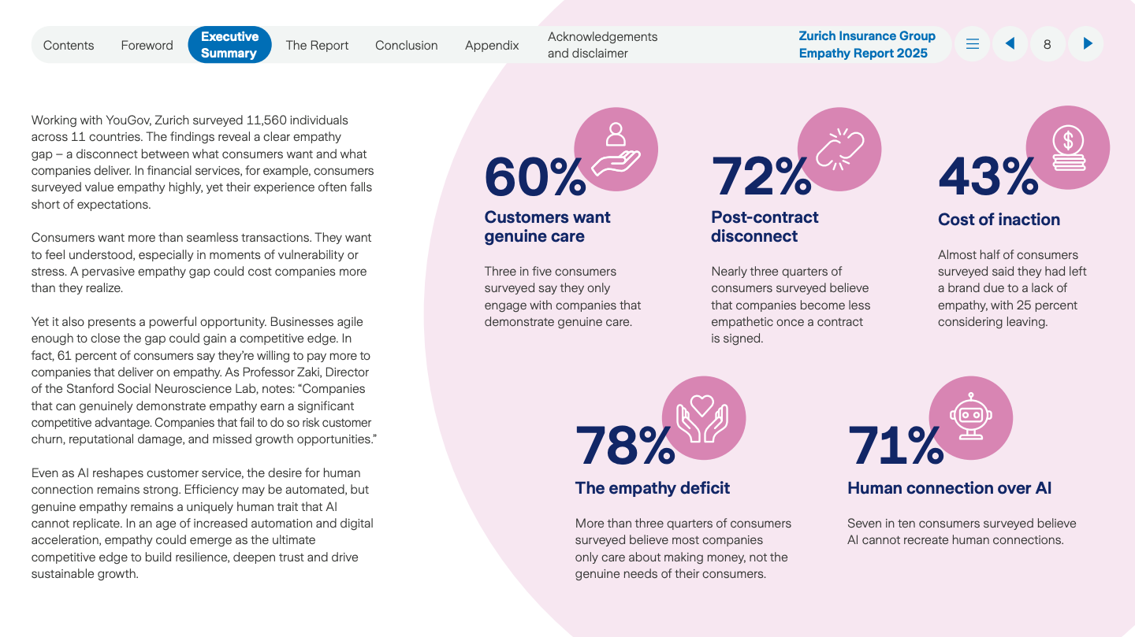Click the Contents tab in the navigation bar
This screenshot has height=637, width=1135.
(x=69, y=45)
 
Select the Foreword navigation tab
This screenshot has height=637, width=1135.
(x=147, y=45)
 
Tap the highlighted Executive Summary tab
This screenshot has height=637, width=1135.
(x=229, y=45)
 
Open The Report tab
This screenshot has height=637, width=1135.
(x=317, y=45)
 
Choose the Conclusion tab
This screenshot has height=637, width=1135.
(x=406, y=45)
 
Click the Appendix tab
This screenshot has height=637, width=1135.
(x=492, y=45)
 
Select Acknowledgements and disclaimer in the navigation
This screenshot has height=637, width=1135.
(x=602, y=45)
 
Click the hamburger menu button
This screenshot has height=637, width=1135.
(x=973, y=44)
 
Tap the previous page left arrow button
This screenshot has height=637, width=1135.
(x=1010, y=44)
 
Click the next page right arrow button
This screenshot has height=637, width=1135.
(x=1088, y=44)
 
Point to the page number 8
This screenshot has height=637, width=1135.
(x=1047, y=44)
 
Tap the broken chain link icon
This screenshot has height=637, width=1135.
(x=839, y=149)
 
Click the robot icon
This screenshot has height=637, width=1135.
(x=971, y=417)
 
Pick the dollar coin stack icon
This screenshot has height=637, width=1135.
(x=1068, y=149)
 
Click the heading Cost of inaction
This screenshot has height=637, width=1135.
(x=999, y=220)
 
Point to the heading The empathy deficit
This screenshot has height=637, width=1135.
(x=653, y=488)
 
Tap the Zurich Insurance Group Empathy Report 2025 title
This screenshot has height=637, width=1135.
(x=866, y=45)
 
